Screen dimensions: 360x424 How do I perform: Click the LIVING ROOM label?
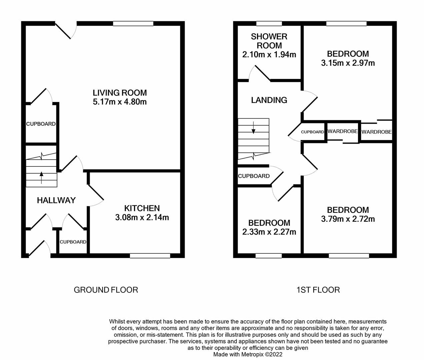click(120, 93)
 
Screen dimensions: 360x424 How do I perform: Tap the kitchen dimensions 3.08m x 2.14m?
click(142, 218)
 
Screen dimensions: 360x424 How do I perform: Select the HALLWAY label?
click(56, 200)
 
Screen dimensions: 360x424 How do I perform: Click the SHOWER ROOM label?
click(269, 41)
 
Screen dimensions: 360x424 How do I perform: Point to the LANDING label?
click(269, 100)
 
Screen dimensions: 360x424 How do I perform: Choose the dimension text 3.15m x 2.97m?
click(348, 63)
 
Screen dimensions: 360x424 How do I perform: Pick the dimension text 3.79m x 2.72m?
click(348, 219)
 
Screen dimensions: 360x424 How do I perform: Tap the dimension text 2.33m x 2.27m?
click(269, 232)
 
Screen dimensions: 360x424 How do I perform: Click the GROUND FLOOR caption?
click(106, 290)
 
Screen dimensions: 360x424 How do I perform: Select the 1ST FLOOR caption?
click(318, 290)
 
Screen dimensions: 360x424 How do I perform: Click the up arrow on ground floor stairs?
click(41, 178)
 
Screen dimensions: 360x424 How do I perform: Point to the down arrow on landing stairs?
click(254, 128)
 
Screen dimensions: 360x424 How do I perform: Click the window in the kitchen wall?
click(150, 256)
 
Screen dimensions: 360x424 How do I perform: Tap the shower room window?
click(269, 23)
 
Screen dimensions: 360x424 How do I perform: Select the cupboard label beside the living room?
click(41, 124)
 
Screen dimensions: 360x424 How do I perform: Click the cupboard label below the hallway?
click(73, 242)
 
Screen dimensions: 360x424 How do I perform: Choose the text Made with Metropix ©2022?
click(248, 354)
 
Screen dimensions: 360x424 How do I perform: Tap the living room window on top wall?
click(133, 23)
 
